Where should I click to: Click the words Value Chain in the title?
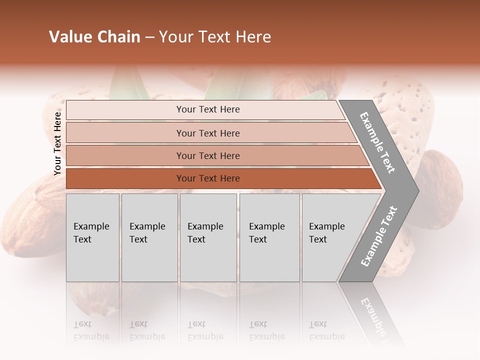[94, 37]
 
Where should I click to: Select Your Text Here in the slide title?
[215, 37]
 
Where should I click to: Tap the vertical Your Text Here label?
[57, 143]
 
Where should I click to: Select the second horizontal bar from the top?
[207, 133]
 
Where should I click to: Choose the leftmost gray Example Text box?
[92, 237]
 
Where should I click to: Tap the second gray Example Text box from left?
[149, 237]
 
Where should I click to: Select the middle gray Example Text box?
[208, 237]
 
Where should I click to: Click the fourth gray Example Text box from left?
[269, 237]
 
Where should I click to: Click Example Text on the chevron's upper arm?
[377, 142]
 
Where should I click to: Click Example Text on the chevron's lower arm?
[379, 236]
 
